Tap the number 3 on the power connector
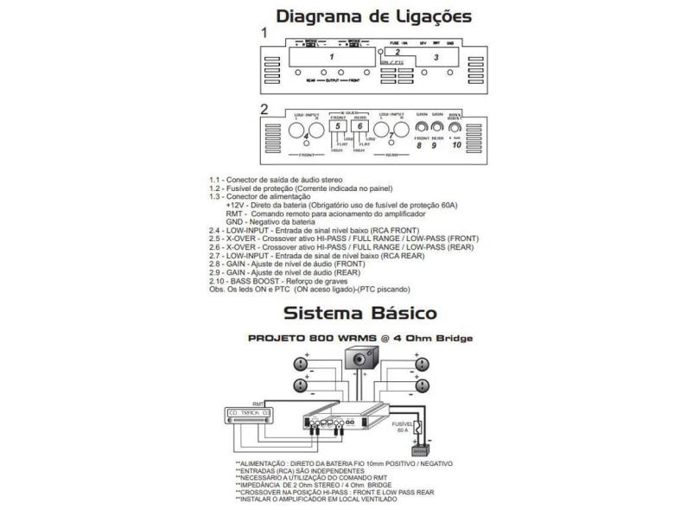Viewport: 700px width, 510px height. pos(436,57)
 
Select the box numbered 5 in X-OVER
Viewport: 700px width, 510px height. pos(339,127)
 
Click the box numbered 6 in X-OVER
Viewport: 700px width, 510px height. pos(360,127)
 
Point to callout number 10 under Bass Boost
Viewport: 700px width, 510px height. pos(457,144)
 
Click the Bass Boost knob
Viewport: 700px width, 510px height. pos(455,127)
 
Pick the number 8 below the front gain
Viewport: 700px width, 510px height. pos(418,145)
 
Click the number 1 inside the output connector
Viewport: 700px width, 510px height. pos(329,56)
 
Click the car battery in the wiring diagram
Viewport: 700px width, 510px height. pos(422,448)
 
